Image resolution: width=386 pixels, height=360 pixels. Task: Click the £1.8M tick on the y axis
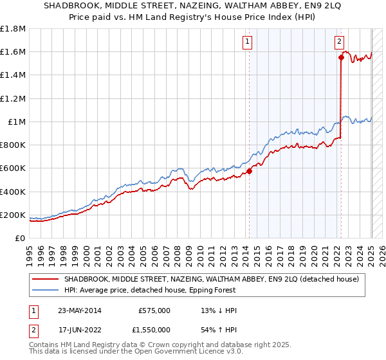coord(14,29)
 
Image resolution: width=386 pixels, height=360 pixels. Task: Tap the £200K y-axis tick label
coord(14,215)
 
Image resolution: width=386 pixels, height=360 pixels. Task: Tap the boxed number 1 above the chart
coord(248,42)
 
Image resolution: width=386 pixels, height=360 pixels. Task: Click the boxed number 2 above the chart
coord(339,42)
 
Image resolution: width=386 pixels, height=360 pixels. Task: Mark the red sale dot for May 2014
coord(249,171)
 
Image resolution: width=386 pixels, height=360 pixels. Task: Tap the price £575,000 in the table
coord(154,310)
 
